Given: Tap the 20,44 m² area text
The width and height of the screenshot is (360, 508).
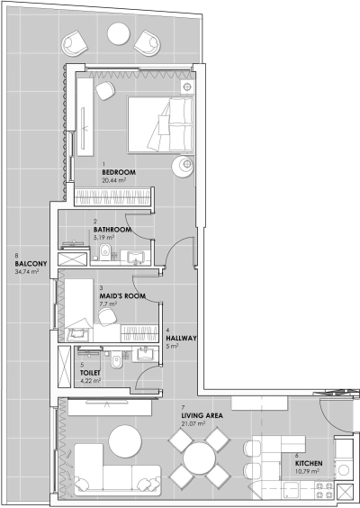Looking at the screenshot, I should coord(113,180).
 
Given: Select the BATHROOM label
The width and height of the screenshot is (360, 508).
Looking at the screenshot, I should coord(112,230).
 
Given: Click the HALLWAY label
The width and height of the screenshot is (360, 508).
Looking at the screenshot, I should coord(182,338).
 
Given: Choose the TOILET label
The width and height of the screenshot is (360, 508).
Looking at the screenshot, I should coord(90,372).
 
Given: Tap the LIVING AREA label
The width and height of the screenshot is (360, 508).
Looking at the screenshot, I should coord(202,415).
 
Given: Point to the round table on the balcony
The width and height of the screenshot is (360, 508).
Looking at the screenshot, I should coord(118,34).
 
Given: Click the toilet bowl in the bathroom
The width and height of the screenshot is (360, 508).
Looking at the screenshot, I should coord(106,251).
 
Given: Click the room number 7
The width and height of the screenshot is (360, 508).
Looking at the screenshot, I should coord(183,407).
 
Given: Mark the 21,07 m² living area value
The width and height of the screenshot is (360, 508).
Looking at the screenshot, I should coord(196,423).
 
